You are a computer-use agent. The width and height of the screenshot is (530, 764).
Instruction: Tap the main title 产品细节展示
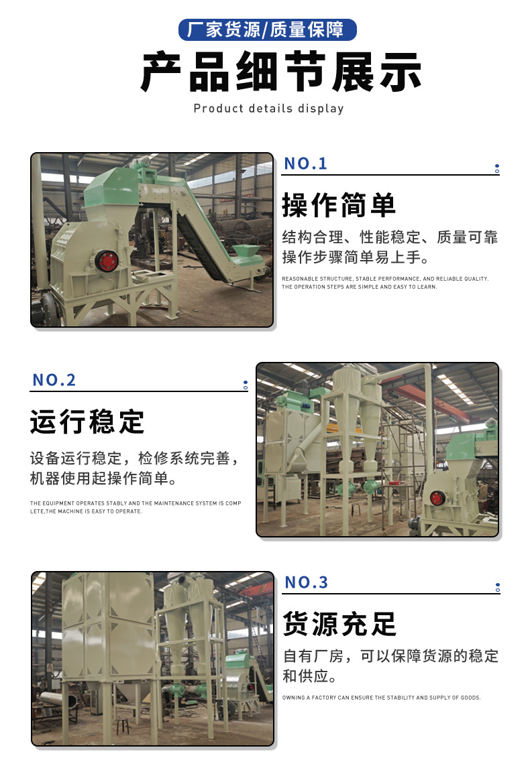[x=281, y=71]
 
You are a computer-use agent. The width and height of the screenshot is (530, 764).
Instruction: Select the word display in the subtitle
[x=321, y=109]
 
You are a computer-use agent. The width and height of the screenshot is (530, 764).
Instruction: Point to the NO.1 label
[x=305, y=164]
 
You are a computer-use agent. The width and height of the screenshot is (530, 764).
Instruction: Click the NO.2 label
[x=54, y=380]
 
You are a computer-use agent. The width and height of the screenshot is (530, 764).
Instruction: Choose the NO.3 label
[x=307, y=582]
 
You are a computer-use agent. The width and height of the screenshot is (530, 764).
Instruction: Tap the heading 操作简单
[x=339, y=205]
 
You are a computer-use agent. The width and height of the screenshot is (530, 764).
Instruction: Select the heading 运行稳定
[x=87, y=422]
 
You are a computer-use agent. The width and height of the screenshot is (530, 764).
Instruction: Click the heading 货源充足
[x=339, y=623]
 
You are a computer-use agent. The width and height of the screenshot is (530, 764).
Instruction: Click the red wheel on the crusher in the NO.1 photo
[x=106, y=261]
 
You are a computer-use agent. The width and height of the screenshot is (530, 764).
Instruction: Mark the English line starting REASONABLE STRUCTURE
[x=385, y=279]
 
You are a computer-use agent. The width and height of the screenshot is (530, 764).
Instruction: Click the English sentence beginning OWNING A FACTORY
[x=381, y=698]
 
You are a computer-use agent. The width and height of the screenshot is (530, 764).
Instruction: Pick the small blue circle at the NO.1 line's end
[x=497, y=169]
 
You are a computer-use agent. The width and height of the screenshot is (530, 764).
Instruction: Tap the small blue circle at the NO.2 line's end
[x=246, y=385]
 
